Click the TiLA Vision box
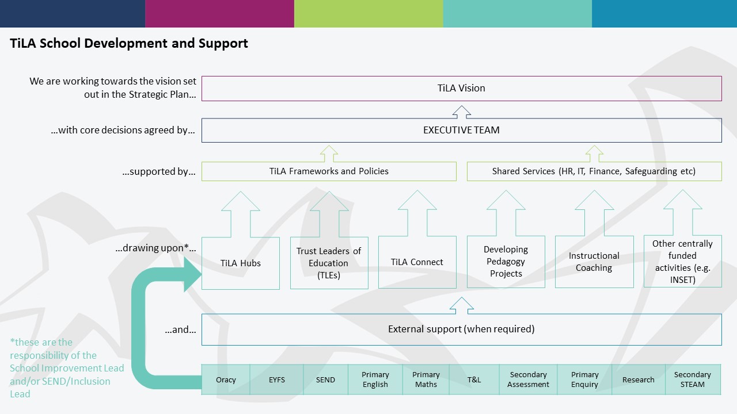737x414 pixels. (461, 89)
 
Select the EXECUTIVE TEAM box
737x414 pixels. (461, 130)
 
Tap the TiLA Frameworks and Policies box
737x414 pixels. (329, 171)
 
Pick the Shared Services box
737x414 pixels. (594, 171)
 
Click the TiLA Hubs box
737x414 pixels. (241, 263)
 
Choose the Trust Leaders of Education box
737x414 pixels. (329, 263)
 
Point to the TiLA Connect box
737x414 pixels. (417, 262)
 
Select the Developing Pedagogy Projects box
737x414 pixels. (506, 262)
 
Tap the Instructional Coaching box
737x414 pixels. (594, 262)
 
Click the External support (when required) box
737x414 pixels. (461, 329)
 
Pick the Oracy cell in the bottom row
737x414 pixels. (226, 379)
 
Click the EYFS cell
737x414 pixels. (277, 379)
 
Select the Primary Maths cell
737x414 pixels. (426, 379)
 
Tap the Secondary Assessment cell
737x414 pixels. (528, 379)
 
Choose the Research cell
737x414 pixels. (639, 379)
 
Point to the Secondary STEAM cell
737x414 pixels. (693, 379)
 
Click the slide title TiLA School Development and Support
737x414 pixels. (129, 43)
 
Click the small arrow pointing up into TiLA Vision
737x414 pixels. (462, 112)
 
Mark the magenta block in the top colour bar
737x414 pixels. (219, 13)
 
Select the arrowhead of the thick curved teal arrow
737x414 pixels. (191, 274)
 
